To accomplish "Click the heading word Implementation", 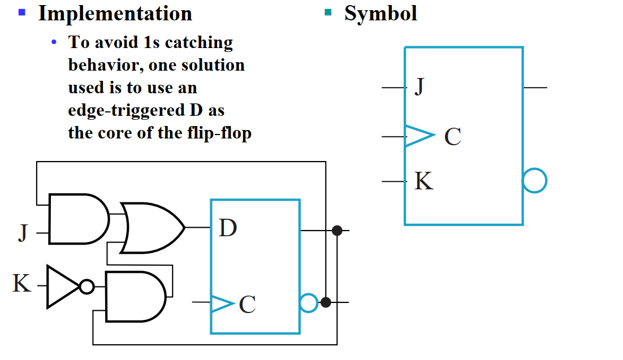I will tap(115, 14).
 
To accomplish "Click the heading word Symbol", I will tap(380, 14).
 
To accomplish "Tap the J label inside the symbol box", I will tap(419, 88).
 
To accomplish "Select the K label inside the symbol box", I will tap(423, 181).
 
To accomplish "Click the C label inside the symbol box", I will tap(452, 137).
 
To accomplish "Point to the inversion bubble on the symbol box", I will tap(534, 181).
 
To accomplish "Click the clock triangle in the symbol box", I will tap(418, 136).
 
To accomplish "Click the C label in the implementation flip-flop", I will tap(247, 304).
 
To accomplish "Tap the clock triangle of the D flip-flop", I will tap(222, 303).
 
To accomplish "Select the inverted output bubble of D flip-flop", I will tap(308, 303).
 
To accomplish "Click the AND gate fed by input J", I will tap(78, 219).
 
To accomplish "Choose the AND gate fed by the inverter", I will tap(135, 297).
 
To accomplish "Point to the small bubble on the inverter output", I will tap(86, 287).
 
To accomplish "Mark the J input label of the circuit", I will tap(23, 232).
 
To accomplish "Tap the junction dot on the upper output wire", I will tap(337, 230).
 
